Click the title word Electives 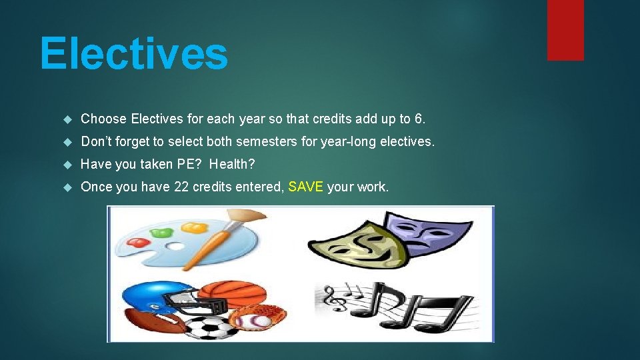coord(133,53)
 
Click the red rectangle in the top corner coord(565,30)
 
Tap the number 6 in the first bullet coord(418,119)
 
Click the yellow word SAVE coord(306,187)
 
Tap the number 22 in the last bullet coord(181,187)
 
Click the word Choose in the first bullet coord(103,119)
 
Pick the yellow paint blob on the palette coord(194,229)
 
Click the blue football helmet coord(150,297)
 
